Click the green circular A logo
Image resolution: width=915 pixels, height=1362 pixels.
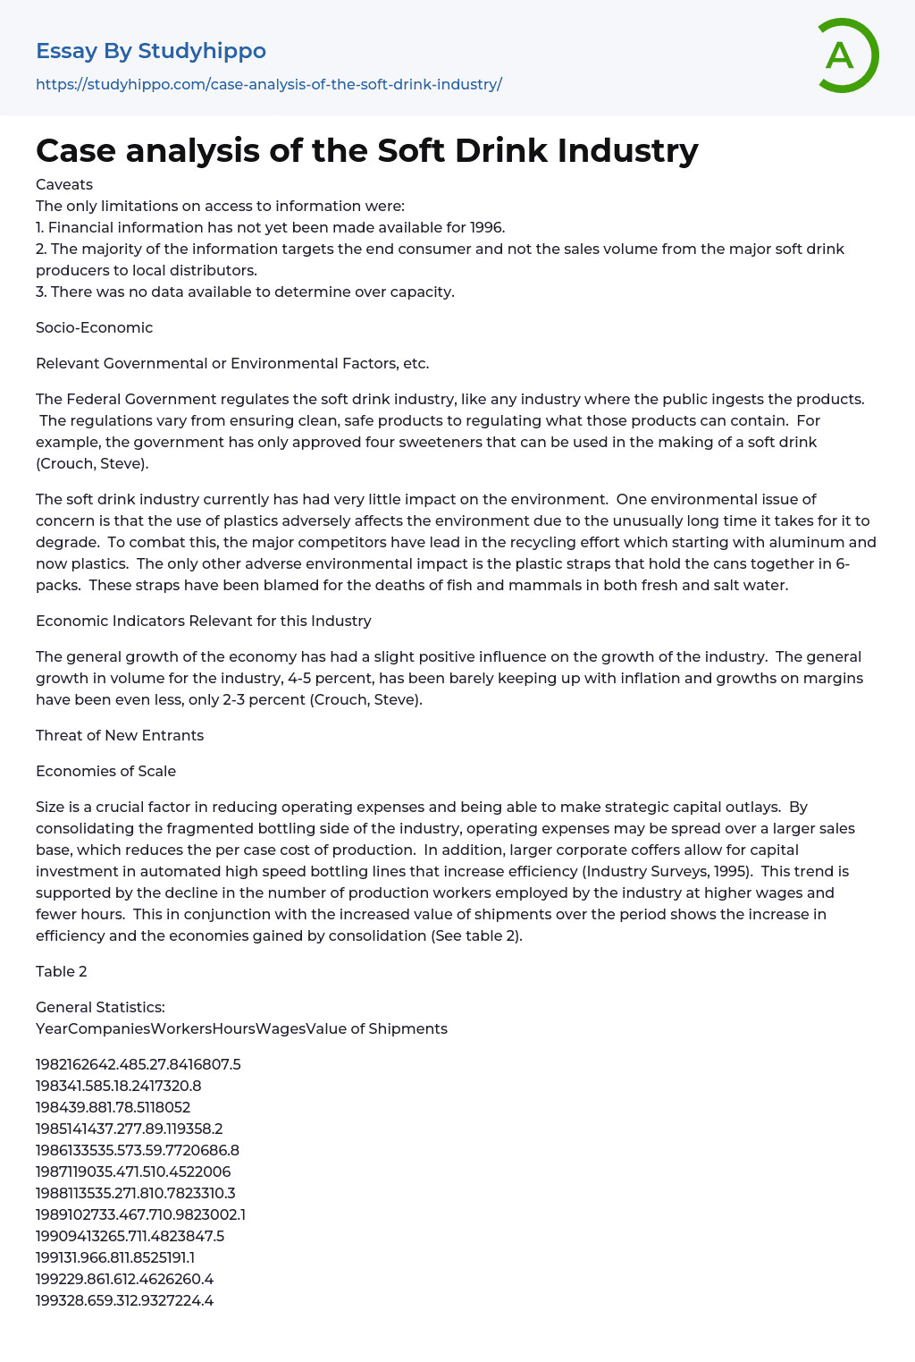click(847, 55)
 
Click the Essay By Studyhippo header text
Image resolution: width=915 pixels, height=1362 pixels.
click(151, 51)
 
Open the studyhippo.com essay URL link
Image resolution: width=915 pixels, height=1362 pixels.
click(269, 84)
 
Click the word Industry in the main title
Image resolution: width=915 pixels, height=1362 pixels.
click(627, 150)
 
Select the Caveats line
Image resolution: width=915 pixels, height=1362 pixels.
click(64, 184)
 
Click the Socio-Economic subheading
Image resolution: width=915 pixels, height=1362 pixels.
click(94, 327)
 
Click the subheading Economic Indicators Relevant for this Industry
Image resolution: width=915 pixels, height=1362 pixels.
click(203, 621)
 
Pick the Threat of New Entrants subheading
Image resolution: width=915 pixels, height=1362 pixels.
click(120, 735)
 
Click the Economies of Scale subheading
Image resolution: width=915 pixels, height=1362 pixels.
click(105, 771)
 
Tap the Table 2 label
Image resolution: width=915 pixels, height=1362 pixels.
click(62, 971)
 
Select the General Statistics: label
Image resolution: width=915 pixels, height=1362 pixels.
click(100, 1007)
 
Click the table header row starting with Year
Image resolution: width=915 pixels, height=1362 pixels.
click(241, 1028)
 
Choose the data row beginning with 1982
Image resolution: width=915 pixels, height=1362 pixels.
click(139, 1064)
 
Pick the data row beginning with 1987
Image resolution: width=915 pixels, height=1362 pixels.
click(133, 1172)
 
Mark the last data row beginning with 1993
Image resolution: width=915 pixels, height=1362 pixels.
click(124, 1300)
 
